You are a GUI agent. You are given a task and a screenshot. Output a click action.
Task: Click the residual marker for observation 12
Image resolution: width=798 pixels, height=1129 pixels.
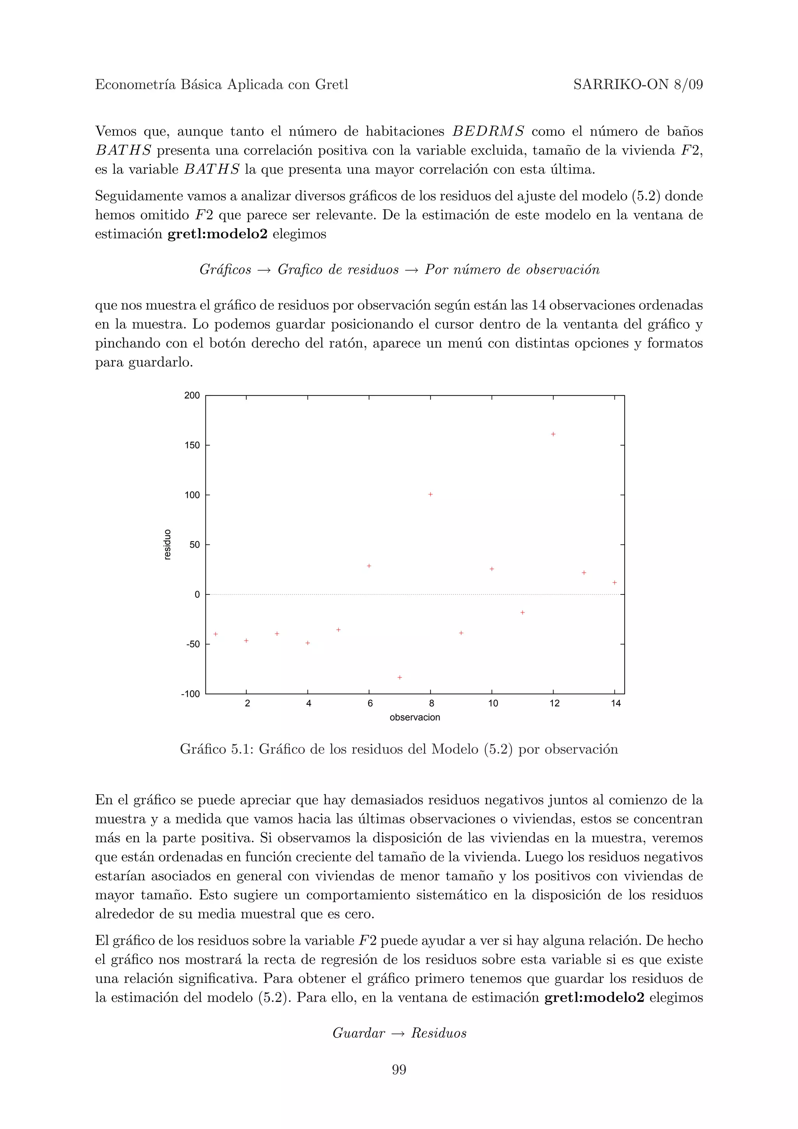pyautogui.click(x=553, y=434)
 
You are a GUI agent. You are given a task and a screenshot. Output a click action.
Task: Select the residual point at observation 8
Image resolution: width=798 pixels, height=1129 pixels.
pyautogui.click(x=430, y=494)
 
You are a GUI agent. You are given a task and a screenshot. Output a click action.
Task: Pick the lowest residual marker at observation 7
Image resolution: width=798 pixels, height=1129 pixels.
pyautogui.click(x=400, y=677)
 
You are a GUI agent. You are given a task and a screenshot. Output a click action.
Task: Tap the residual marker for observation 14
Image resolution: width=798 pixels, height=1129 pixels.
pyautogui.click(x=614, y=583)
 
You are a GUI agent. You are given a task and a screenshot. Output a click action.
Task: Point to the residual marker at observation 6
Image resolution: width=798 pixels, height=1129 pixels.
pyautogui.click(x=369, y=566)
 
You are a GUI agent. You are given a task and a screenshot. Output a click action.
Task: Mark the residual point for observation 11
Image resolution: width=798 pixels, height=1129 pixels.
pyautogui.click(x=523, y=613)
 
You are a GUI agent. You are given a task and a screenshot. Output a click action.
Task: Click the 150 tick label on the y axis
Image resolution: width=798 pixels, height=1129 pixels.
pyautogui.click(x=192, y=446)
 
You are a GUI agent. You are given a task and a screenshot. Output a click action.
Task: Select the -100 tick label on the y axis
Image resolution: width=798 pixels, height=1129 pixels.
pyautogui.click(x=190, y=694)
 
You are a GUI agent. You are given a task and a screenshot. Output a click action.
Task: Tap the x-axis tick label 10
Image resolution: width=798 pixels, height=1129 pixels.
pyautogui.click(x=493, y=704)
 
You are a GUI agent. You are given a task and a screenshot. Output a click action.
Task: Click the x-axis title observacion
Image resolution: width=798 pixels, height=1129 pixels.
pyautogui.click(x=415, y=718)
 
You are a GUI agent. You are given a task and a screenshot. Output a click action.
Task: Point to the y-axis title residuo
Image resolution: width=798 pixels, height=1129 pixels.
pyautogui.click(x=168, y=544)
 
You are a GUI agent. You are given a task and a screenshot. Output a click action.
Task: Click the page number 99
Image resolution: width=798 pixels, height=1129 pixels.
pyautogui.click(x=399, y=1069)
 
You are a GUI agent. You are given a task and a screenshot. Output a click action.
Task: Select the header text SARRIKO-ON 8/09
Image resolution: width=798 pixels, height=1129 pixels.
pyautogui.click(x=638, y=85)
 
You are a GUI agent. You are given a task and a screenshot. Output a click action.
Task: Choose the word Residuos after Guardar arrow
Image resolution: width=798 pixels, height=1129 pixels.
pyautogui.click(x=439, y=1033)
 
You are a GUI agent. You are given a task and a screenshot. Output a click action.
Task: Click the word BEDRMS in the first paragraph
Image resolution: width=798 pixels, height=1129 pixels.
pyautogui.click(x=488, y=132)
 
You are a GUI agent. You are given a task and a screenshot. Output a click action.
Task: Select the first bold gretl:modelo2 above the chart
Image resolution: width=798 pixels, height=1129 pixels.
pyautogui.click(x=217, y=234)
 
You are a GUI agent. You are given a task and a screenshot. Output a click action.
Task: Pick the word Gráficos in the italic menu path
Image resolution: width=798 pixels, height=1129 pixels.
pyautogui.click(x=225, y=270)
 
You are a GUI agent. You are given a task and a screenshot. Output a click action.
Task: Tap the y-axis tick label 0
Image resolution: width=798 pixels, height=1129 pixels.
pyautogui.click(x=197, y=594)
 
